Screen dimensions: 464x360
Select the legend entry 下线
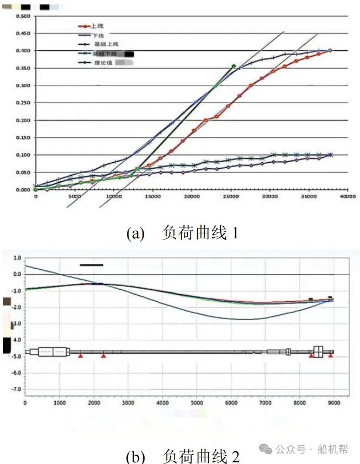97,35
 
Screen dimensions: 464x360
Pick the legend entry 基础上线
104,44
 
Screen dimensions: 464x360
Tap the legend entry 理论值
103,63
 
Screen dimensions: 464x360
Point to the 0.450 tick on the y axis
23,34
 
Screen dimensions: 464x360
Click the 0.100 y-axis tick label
23,156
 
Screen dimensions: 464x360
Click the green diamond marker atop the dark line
234,67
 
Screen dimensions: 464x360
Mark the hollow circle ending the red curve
330,51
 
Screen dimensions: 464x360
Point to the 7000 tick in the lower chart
264,403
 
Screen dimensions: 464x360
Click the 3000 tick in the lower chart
128,403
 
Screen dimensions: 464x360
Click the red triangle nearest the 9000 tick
330,356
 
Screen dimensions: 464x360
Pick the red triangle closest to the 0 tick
81,356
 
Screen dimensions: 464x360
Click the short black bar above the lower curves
92,265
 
